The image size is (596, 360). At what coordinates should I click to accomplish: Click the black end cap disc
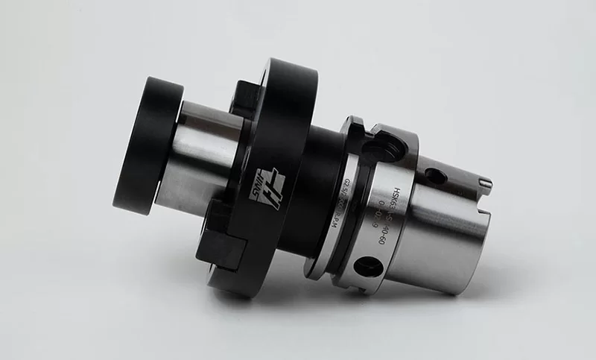[146, 145]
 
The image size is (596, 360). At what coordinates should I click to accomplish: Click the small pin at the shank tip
[484, 182]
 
